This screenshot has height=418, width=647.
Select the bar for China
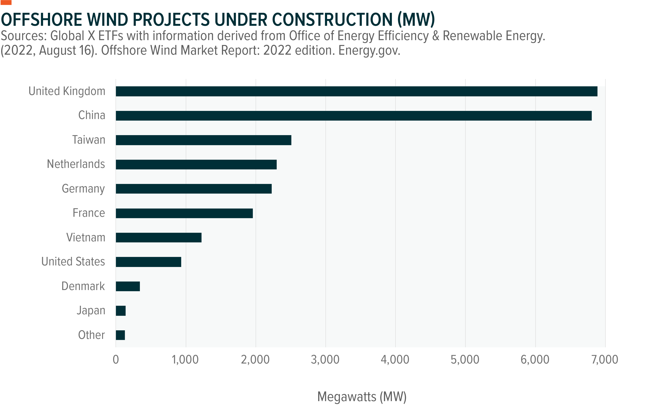click(353, 116)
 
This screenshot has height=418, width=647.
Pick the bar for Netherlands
click(196, 164)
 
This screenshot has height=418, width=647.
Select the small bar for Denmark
click(128, 286)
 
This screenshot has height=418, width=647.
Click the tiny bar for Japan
click(121, 311)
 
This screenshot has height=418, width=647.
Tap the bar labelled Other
click(120, 335)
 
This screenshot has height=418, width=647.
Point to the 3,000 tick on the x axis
click(325, 360)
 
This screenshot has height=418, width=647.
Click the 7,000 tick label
click(605, 360)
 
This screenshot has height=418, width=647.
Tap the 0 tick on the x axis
click(116, 360)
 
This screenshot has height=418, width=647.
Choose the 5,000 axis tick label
click(465, 360)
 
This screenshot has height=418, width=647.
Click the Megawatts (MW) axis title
click(362, 397)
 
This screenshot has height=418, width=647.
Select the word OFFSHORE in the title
click(41, 20)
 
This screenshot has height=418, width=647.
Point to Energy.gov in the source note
click(369, 50)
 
